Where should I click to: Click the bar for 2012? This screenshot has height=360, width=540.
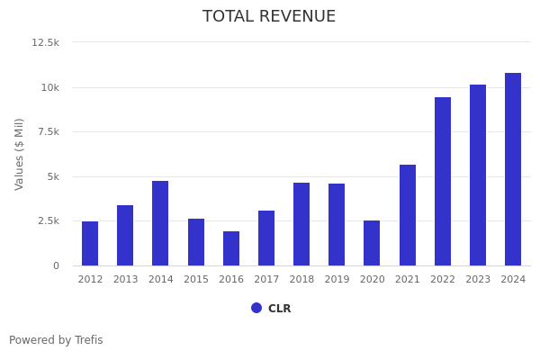coord(90,243)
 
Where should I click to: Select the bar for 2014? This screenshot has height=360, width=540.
coord(160,223)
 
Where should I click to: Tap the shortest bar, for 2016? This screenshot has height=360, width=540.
coord(231,248)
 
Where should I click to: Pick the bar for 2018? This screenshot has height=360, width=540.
coord(301,224)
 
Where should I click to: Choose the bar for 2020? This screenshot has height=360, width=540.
coord(372,243)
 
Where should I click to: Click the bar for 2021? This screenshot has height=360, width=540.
coord(408,215)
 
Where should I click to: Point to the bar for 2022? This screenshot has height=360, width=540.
coord(443,181)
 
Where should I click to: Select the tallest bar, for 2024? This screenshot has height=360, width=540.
coord(513,169)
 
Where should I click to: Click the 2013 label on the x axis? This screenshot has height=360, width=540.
coord(125,280)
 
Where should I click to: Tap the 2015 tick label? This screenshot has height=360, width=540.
coord(196,280)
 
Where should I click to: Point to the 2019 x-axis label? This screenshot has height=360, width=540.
coord(337,280)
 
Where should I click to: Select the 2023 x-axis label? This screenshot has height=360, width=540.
coord(478,280)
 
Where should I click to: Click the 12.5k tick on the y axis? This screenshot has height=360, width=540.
coord(45,42)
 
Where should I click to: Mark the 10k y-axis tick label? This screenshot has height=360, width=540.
coord(49,87)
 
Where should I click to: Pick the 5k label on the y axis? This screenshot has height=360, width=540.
coord(52,176)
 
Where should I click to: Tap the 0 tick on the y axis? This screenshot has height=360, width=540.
coord(56,265)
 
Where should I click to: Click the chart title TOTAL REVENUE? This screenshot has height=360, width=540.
coord(269,17)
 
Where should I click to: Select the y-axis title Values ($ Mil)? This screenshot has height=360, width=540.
coord(20,154)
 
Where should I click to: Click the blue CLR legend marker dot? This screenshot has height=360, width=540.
coord(256,308)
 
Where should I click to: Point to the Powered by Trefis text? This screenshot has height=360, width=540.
coord(56,340)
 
